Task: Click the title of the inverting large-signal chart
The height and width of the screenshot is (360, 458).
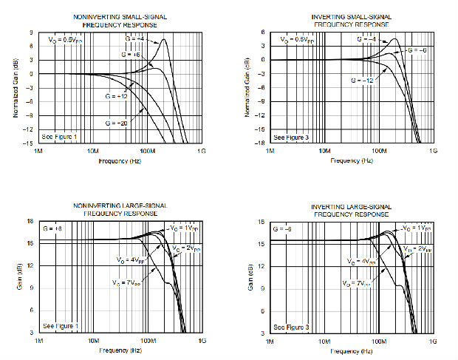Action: click(349, 209)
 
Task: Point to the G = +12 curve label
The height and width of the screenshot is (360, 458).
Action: click(114, 96)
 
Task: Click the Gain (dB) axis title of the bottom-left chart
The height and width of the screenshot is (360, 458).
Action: click(18, 277)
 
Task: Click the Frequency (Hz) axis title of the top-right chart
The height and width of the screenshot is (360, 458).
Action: click(350, 160)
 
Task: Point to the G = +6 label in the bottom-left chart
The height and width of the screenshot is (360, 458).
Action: click(54, 230)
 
